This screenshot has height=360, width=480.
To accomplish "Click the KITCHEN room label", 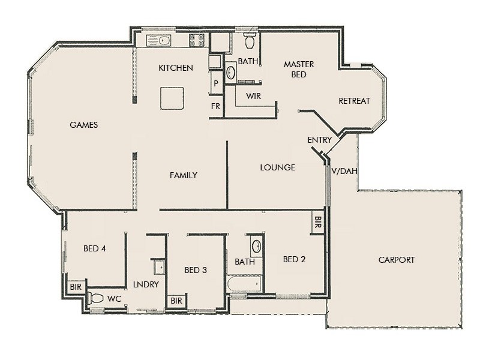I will [x=176, y=68].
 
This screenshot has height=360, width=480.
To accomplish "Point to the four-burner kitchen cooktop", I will [x=197, y=40].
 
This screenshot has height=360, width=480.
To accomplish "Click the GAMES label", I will [x=84, y=125].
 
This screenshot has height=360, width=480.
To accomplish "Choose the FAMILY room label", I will [x=184, y=175].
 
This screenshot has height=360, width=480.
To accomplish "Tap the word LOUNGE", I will [x=277, y=167].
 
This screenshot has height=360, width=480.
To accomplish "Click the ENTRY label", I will [x=319, y=140].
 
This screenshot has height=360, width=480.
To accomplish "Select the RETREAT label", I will [x=355, y=101].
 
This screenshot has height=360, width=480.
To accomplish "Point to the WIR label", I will [x=253, y=95].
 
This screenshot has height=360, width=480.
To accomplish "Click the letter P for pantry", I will [x=215, y=84].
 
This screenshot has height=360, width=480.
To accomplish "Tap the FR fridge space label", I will [x=215, y=106].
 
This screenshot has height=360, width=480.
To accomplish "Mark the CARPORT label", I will [x=397, y=260].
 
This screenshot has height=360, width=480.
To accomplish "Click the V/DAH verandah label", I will [x=344, y=171].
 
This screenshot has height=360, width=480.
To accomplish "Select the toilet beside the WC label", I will [x=95, y=298].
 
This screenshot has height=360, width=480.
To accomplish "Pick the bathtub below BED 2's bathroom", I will [x=244, y=283].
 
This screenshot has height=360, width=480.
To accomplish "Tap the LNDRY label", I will [x=145, y=284].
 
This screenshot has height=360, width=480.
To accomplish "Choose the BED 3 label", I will [x=196, y=270].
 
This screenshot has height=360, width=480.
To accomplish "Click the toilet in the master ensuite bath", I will [x=250, y=41].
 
